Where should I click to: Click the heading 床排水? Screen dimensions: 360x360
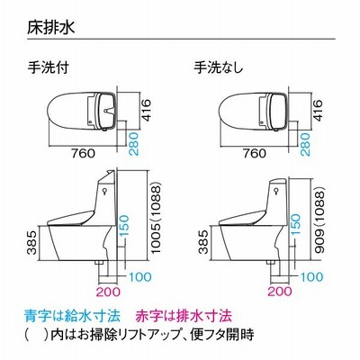point(50,28)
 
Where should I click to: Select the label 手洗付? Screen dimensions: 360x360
point(49,67)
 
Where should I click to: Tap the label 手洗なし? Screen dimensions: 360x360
point(219,67)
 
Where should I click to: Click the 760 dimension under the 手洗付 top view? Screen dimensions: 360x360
point(83,153)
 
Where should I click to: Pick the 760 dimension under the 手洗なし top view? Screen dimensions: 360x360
point(255,153)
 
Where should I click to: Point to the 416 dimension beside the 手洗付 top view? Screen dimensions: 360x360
point(146,110)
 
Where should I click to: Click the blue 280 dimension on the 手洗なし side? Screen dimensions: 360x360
point(305,144)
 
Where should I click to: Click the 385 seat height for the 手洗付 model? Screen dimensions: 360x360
point(32,242)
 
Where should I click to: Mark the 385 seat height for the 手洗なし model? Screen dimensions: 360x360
point(204,242)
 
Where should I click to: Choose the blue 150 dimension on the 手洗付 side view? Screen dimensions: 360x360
point(123,226)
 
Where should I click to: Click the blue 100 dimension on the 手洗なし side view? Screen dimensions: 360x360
point(312,276)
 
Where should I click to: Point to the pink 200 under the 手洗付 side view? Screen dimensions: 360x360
point(109,292)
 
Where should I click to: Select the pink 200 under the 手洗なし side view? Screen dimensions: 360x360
point(280,292)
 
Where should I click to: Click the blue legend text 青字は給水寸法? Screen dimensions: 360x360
point(72,316)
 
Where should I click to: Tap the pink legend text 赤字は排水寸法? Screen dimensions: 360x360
point(184,316)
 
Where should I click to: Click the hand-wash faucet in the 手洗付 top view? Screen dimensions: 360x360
point(107,111)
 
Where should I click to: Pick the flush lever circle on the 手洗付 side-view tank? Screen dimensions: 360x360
point(104,190)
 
